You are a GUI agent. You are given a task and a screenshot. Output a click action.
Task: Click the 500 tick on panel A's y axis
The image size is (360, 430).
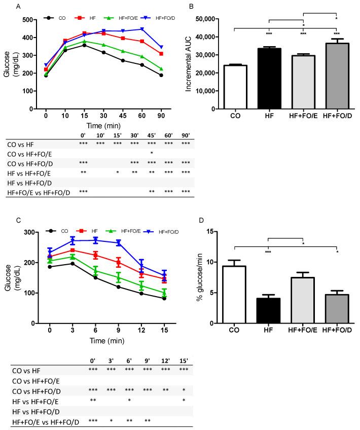31,20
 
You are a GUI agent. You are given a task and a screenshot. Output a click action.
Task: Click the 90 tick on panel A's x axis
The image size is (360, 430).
161,116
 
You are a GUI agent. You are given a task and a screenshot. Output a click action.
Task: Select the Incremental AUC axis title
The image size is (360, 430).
188,63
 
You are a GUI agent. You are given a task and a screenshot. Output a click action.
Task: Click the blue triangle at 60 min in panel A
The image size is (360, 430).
142,29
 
